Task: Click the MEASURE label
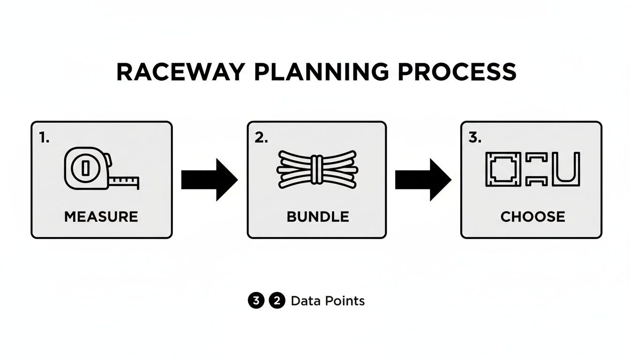101,217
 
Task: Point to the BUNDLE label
317,217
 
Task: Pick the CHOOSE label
532,217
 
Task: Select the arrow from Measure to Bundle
209,180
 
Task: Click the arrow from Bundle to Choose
423,180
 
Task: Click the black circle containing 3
255,301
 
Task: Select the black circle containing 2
277,301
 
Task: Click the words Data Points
328,301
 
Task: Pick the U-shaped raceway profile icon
566,169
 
